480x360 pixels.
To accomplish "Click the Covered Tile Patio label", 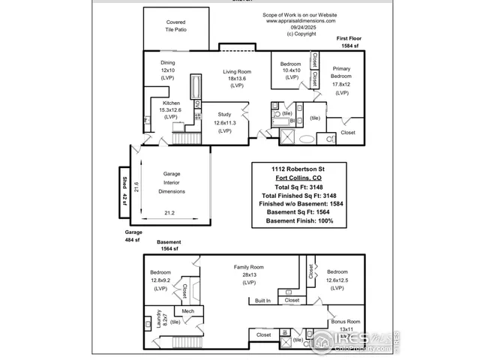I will [x=175, y=26].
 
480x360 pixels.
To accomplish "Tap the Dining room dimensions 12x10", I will [x=169, y=70].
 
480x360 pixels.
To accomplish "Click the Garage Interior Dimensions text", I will [x=172, y=182].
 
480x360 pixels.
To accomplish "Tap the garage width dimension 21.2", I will [x=169, y=212].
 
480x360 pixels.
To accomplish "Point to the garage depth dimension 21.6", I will [x=136, y=186].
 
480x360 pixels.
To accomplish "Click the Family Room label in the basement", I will [x=249, y=266].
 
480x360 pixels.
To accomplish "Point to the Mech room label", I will [x=187, y=310].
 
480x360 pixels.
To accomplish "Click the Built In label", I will [x=262, y=301].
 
